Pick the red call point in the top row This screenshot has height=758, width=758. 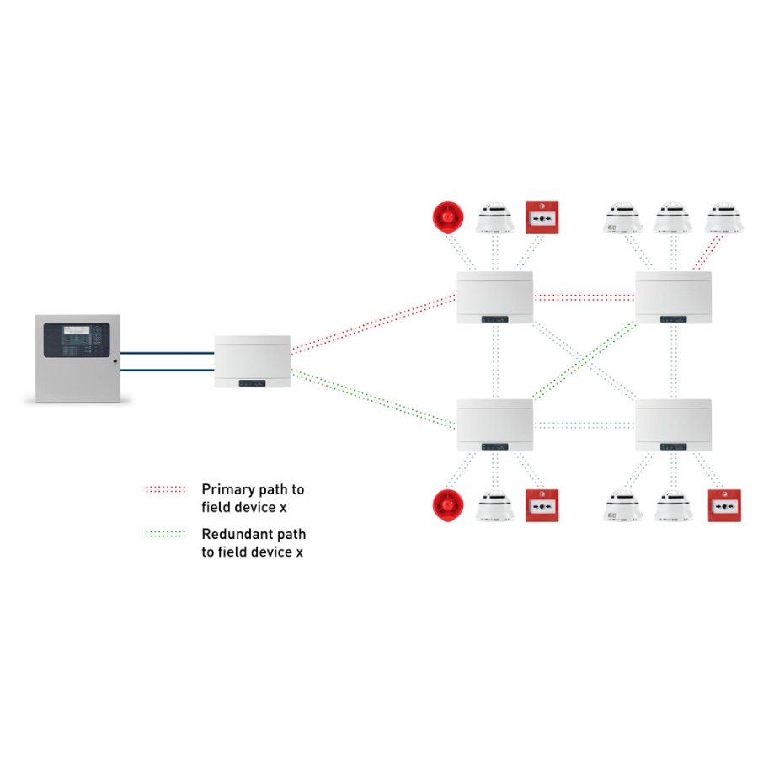pos(542,217)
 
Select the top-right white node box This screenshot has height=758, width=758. pos(674,297)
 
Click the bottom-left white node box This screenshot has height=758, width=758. pos(495,425)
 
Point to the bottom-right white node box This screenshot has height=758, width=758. pos(674,425)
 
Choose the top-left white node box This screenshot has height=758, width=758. pos(495,297)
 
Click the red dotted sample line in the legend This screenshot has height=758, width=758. pos(165,488)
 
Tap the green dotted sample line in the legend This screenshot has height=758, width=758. pos(165,534)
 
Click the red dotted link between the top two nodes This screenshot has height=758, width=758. pos(584,296)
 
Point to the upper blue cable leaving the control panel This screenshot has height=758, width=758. pos(167,353)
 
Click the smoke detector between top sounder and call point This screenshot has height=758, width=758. pos(495,218)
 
